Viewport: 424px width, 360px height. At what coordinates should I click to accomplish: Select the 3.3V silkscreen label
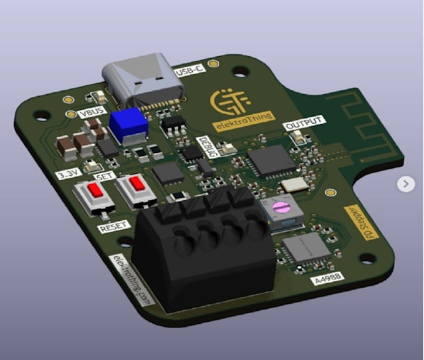click(68, 173)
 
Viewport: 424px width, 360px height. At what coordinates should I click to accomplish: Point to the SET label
click(105, 177)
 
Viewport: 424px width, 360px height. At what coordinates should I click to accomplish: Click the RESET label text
click(113, 227)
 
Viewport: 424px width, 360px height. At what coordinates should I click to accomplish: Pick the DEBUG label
click(206, 147)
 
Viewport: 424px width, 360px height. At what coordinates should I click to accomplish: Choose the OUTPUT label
click(304, 123)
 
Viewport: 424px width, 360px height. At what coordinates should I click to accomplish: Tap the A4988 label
click(327, 279)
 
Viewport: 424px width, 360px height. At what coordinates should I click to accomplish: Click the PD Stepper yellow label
click(362, 223)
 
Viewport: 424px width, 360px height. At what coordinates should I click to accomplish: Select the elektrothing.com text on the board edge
click(132, 280)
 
